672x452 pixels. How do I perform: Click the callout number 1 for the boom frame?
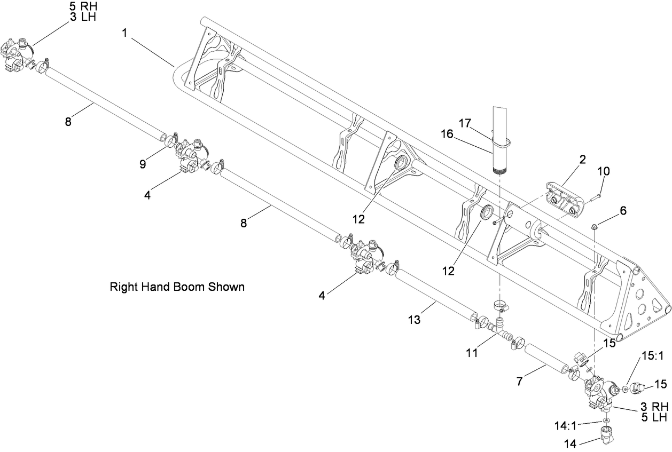124,33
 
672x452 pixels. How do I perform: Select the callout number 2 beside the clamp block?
582,159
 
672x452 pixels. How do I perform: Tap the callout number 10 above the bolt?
603,171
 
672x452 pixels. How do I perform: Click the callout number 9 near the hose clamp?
143,164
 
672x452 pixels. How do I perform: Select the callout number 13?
413,320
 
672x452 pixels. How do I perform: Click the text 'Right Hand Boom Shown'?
177,287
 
